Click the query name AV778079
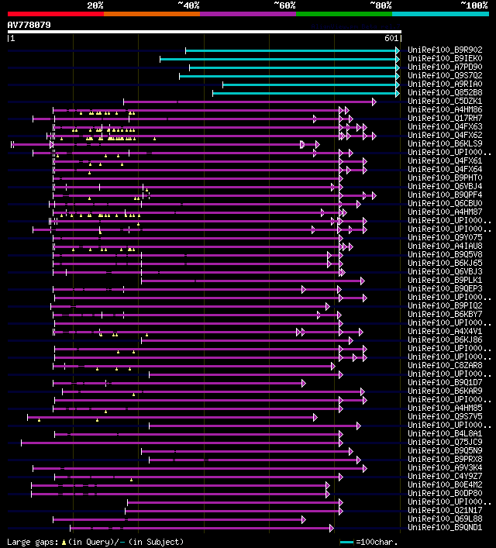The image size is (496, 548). pos(29,25)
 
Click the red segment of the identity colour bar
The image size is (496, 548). pos(55,14)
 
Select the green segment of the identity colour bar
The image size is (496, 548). pos(343,14)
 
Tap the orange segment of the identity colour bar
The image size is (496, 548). pos(151,14)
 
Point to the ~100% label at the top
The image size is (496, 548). pos(474,5)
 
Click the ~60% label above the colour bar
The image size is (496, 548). pos(284,5)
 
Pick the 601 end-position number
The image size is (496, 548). pos(391,37)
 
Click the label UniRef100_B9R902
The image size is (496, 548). pos(445,50)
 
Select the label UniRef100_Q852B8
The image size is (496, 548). pos(445,92)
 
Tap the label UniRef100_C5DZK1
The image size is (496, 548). pos(445,101)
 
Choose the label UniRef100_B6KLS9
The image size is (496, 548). pos(445,143)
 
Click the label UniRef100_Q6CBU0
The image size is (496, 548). pos(445,203)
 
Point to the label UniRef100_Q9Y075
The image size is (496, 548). pos(445,237)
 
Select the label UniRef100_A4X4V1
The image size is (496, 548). pos(445,331)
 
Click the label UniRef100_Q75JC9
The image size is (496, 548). pos(445,442)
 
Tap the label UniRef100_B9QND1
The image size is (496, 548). pos(445,527)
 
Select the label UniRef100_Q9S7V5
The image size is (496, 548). pos(445,416)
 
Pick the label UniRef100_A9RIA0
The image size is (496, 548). pos(445,84)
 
